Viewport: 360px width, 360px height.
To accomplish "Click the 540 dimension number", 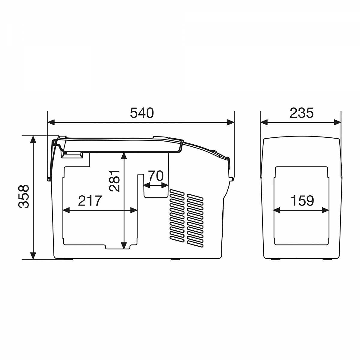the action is click(x=142, y=113).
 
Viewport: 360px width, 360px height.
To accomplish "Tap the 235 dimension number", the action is click(x=301, y=113).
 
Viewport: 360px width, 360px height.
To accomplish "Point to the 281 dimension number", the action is click(x=114, y=181).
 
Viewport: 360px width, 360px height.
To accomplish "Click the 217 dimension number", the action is click(x=90, y=201).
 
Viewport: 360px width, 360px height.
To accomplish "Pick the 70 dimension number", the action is click(x=156, y=176).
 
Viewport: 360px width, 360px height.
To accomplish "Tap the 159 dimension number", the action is click(x=302, y=201).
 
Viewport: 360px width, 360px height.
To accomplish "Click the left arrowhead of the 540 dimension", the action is click(x=51, y=123).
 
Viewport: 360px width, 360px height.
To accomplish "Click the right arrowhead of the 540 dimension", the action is click(x=231, y=123).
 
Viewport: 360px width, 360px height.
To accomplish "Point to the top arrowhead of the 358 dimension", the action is click(x=33, y=139).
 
